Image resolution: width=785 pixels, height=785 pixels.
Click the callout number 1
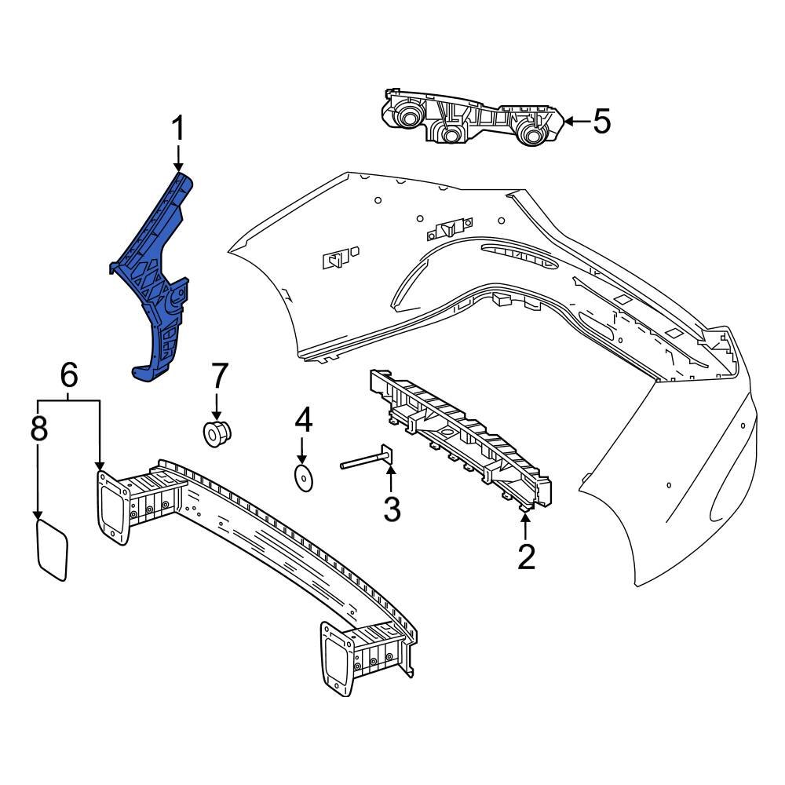178,128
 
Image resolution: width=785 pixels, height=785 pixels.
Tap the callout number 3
392,509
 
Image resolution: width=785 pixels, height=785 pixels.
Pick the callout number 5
601,122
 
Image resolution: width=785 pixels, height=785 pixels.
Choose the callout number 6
69,377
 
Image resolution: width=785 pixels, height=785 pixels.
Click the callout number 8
38,429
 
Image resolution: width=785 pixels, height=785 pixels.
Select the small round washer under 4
303,476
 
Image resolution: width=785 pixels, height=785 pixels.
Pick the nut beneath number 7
216,433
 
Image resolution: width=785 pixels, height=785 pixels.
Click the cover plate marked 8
53,547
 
